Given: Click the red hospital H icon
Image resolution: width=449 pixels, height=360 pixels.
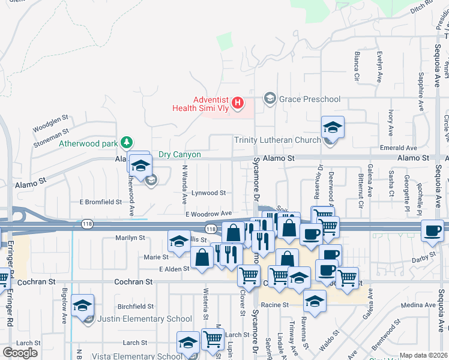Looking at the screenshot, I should click(x=238, y=103).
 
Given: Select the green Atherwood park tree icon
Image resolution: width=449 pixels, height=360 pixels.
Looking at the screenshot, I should click(x=126, y=142).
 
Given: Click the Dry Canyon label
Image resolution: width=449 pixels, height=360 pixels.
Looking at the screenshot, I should click(x=179, y=154).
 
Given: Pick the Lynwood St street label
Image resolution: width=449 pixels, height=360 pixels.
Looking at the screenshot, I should click(x=208, y=193).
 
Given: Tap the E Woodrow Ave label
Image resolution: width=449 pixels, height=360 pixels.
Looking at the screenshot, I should click(x=208, y=214).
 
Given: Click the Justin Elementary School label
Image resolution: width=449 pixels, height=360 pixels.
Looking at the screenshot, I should click(x=145, y=319).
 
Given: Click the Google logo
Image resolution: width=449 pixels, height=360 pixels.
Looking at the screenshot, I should click(x=20, y=352).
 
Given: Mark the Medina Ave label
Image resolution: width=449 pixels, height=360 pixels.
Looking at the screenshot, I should click(x=419, y=305).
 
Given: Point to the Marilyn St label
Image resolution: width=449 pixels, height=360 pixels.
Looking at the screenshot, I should click(x=130, y=238).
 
